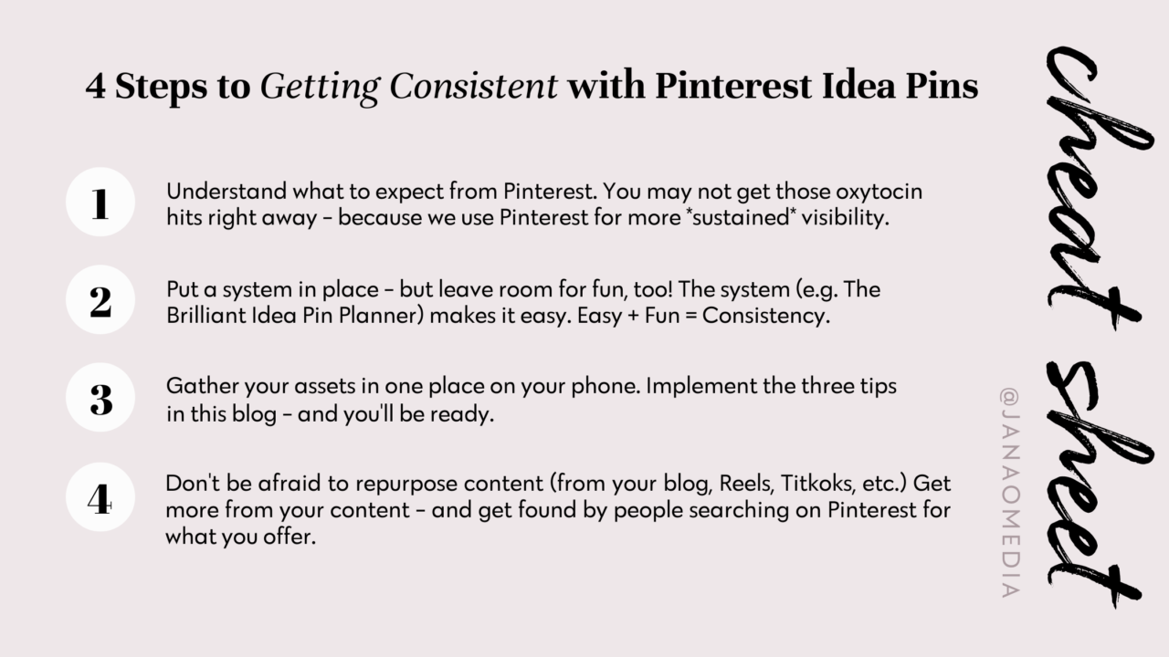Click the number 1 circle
point(100,203)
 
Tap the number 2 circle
point(100,300)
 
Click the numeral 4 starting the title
point(96,86)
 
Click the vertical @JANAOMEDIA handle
point(1009,493)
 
